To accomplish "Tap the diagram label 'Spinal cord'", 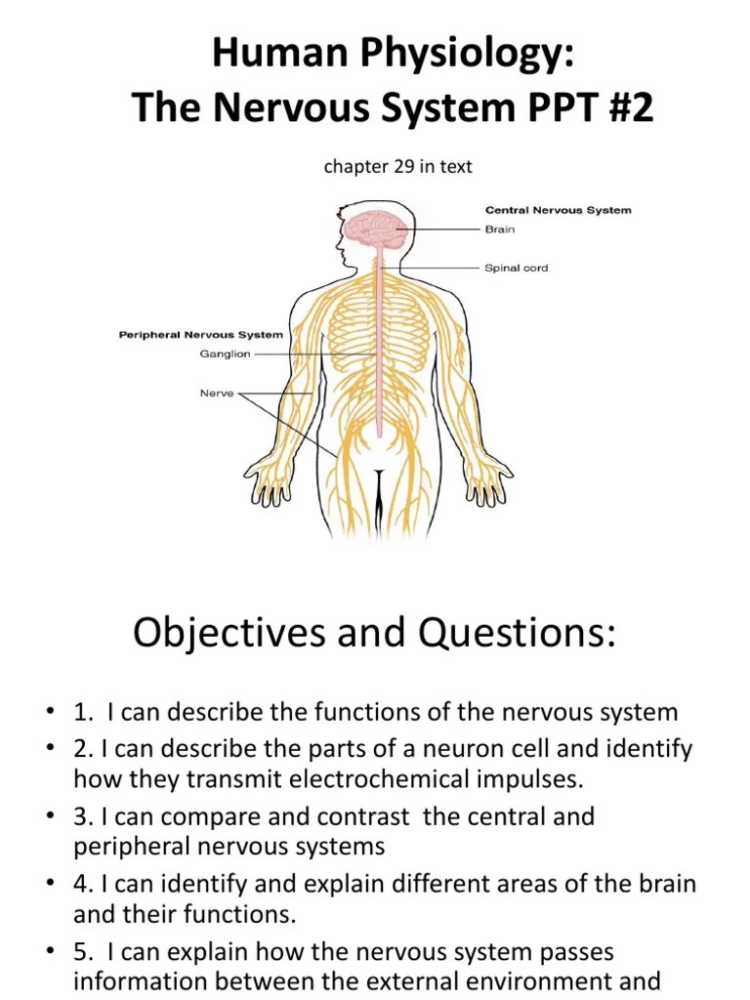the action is [x=517, y=268].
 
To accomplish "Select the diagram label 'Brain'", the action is [x=500, y=229].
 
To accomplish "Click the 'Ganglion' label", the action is [x=226, y=354].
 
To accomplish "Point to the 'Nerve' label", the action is [x=218, y=395].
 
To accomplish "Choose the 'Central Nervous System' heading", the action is [x=559, y=210].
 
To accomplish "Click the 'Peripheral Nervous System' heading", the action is [x=201, y=335].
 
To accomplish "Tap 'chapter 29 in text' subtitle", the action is [x=397, y=167].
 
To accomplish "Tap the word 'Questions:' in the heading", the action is [x=518, y=634].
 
